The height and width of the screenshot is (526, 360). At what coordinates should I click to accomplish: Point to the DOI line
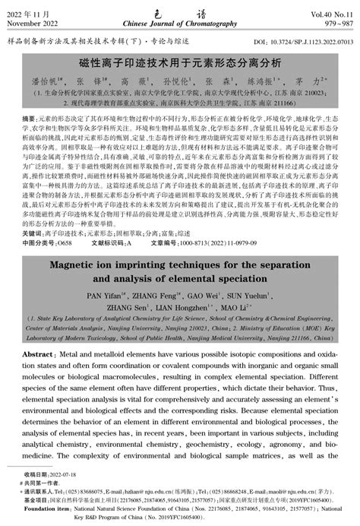289,45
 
